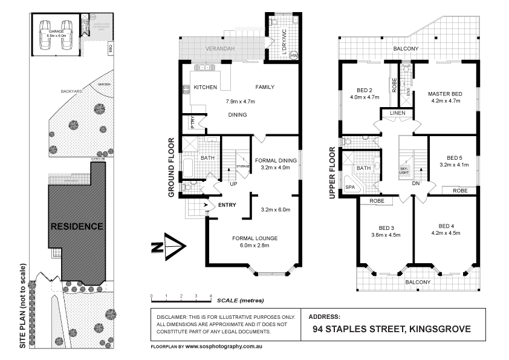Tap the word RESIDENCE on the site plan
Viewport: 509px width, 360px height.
pos(76,226)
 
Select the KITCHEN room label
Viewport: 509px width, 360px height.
pos(205,87)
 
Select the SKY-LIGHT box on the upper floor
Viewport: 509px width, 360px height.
pos(404,171)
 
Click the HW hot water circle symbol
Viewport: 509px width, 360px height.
pos(294,56)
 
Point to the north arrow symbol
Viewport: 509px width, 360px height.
pos(171,246)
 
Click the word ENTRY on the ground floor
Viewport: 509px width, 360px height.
pos(227,205)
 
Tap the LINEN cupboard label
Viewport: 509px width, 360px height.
pos(397,113)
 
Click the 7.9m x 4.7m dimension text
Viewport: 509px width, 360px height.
pos(241,101)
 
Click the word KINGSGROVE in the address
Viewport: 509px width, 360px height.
pos(440,330)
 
